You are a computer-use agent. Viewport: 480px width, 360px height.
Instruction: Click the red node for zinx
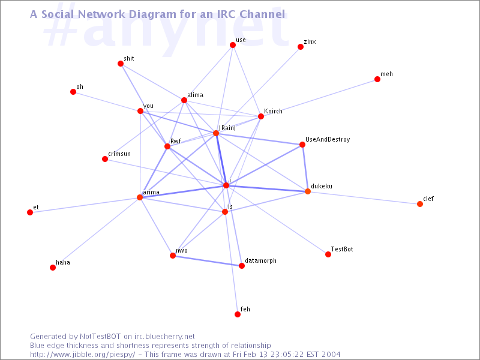(x=301, y=47)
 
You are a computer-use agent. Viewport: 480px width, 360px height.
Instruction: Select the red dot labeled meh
(x=377, y=79)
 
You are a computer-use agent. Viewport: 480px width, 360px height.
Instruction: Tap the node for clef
(x=420, y=204)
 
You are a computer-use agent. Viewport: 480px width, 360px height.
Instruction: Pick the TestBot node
(x=328, y=254)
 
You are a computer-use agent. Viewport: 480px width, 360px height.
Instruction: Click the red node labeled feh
(x=238, y=314)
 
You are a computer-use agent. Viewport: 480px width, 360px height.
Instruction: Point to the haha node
(x=53, y=268)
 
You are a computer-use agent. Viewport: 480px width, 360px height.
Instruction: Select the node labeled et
(x=30, y=212)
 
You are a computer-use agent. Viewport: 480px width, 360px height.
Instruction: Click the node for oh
(x=73, y=92)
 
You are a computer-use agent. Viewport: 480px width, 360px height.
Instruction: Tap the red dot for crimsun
(x=105, y=159)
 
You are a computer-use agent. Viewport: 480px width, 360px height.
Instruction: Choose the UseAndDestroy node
(x=302, y=145)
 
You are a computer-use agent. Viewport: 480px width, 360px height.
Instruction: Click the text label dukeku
(x=322, y=186)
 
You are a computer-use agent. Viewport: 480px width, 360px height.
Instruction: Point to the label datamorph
(x=260, y=260)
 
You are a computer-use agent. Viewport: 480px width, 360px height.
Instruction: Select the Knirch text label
(x=273, y=111)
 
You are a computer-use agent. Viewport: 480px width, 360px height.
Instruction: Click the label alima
(x=196, y=95)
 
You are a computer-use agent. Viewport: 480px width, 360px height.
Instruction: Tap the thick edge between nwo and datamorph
(x=207, y=260)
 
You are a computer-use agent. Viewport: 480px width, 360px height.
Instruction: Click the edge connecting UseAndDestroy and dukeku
(x=305, y=168)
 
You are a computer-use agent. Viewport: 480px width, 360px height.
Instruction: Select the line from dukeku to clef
(x=364, y=197)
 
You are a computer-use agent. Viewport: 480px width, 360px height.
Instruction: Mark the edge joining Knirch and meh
(x=319, y=98)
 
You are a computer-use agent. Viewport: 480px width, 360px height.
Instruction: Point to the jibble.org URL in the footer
(x=83, y=355)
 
